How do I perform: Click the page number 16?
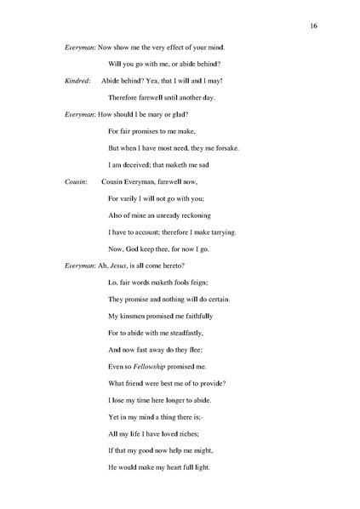click(x=314, y=26)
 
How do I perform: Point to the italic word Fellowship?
click(x=157, y=366)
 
